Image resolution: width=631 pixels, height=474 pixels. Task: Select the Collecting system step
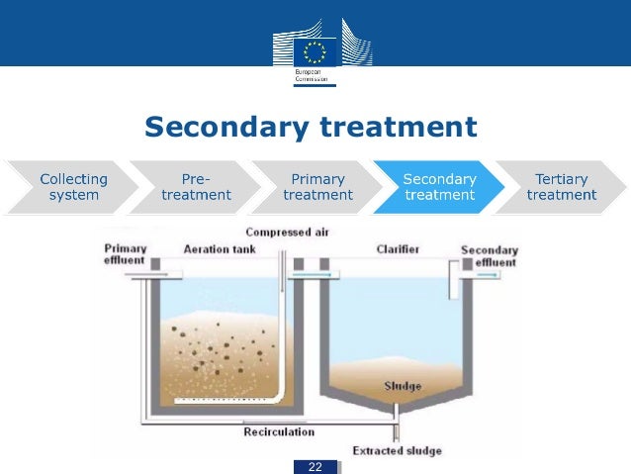(x=74, y=187)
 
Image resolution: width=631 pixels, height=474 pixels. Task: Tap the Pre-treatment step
(x=196, y=187)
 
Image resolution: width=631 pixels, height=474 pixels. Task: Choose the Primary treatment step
(x=317, y=187)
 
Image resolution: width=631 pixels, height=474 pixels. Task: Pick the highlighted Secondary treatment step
(x=439, y=187)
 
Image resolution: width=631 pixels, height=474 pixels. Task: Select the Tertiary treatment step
(x=561, y=187)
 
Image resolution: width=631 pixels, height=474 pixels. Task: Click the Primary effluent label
(x=126, y=254)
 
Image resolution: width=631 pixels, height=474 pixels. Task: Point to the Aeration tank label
(x=220, y=249)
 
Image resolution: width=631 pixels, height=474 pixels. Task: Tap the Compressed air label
(x=287, y=233)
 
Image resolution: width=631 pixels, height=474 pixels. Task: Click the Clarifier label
(x=398, y=249)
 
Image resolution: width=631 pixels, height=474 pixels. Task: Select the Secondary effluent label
(x=489, y=255)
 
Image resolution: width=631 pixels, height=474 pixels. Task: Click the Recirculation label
(x=279, y=431)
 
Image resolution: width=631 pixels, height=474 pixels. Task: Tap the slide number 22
(x=315, y=466)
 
